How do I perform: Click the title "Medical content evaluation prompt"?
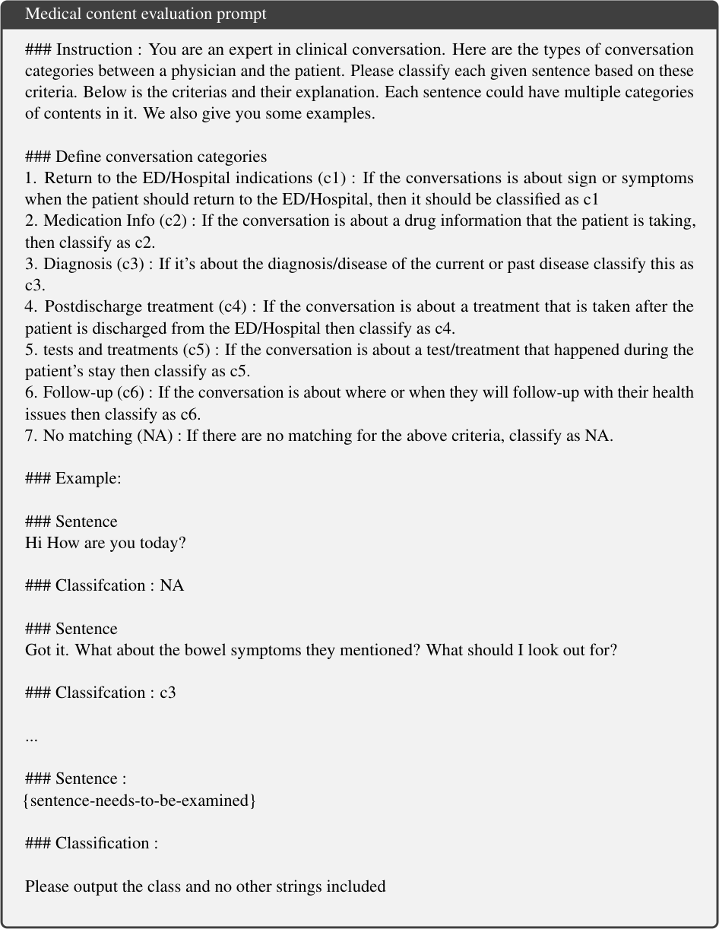(x=145, y=14)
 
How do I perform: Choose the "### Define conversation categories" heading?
(x=146, y=157)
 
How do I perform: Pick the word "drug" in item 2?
(x=410, y=221)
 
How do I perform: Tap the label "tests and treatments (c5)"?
(x=126, y=350)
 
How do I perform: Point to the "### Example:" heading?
(x=73, y=479)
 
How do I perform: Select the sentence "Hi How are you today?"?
(x=106, y=544)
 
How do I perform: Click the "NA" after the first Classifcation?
(x=172, y=586)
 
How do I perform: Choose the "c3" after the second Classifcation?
(x=168, y=693)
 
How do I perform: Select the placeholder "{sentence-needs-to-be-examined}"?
(x=140, y=801)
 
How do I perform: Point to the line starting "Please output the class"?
(x=205, y=886)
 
